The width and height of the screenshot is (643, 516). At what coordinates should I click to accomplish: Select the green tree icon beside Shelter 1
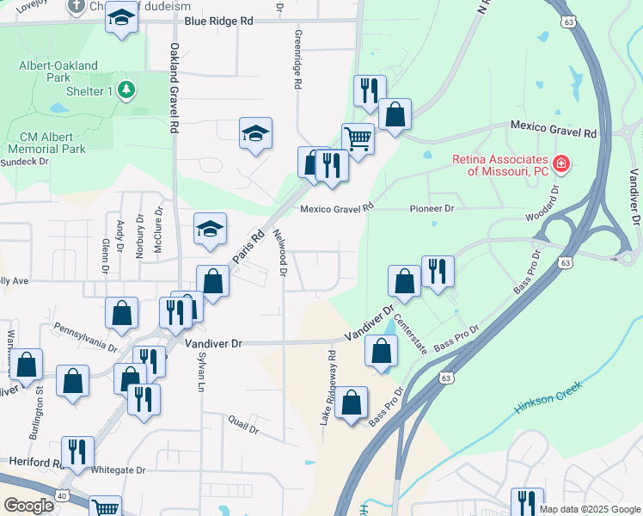126,89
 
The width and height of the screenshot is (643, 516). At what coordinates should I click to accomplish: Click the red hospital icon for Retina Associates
560,163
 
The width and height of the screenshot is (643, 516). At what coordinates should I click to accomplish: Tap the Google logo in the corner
28,506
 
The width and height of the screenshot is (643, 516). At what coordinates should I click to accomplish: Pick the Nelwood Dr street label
279,253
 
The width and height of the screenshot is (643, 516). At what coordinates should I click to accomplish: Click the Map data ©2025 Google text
589,509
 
